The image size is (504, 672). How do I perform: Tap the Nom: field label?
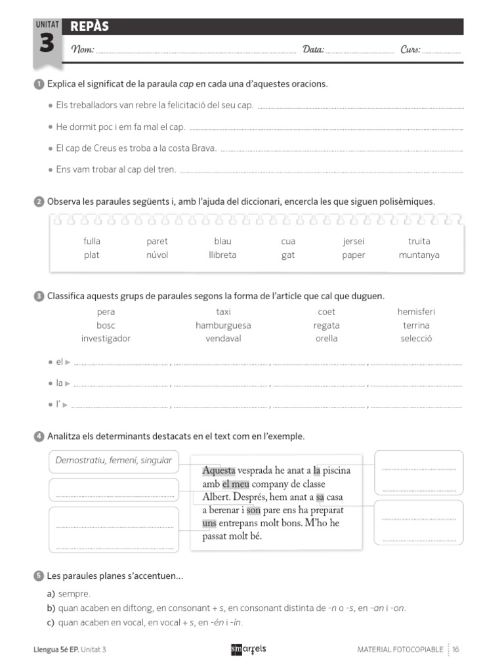point(83,50)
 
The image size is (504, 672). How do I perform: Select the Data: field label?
point(313,50)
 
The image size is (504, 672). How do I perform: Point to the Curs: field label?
point(411,50)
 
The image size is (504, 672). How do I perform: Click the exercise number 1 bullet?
point(38,84)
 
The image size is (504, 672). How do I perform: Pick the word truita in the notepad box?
point(419,241)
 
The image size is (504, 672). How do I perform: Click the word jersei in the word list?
point(354,241)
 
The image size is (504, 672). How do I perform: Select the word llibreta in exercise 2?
point(222,255)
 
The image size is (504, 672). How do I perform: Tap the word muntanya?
point(419,255)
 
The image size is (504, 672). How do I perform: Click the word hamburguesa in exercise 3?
point(223,325)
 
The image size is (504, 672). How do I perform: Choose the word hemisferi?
point(416,312)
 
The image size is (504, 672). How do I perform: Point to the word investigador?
point(106,339)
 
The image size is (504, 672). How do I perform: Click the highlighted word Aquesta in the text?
point(219,471)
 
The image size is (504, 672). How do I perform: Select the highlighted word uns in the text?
point(209,523)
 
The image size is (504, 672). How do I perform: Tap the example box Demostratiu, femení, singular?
point(114,461)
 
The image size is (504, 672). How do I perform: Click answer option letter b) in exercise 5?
point(51,608)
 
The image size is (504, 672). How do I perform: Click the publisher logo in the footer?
point(249,649)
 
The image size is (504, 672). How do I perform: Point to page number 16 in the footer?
point(455,650)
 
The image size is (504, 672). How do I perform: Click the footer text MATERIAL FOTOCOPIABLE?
point(400,650)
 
